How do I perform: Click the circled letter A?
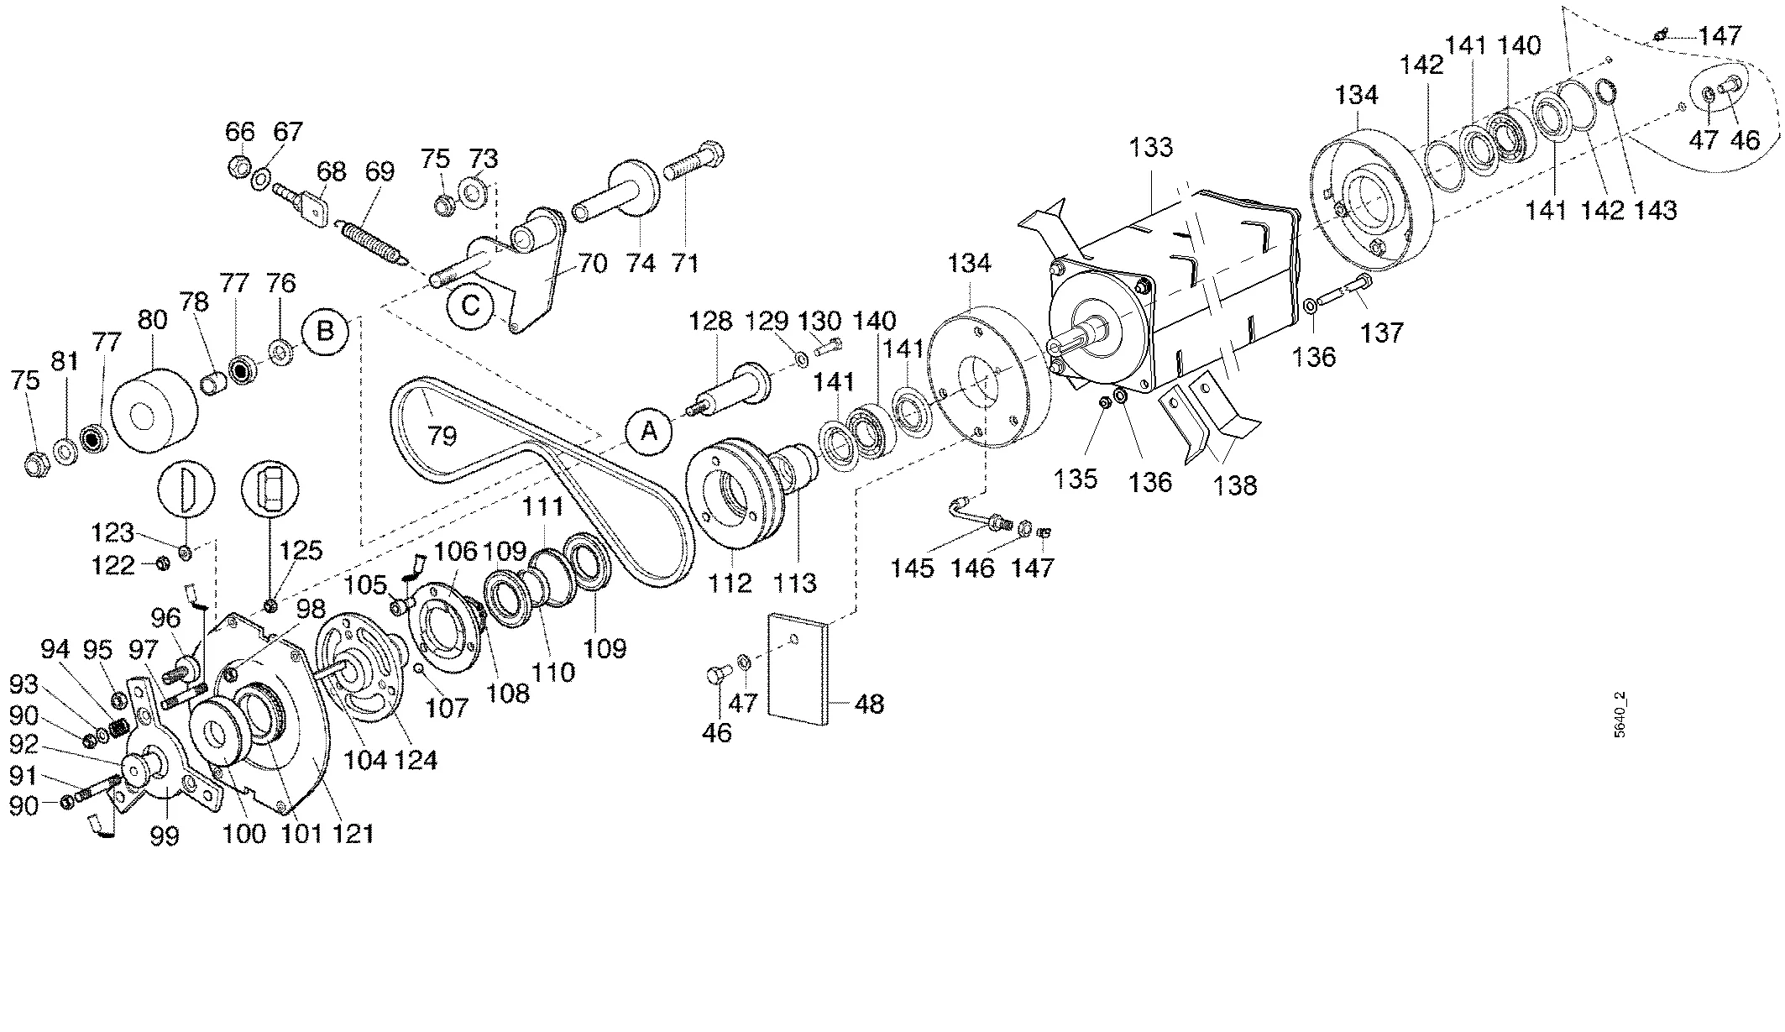tap(649, 432)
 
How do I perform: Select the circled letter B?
tap(325, 331)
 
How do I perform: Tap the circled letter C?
tap(470, 306)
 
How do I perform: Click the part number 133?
tap(1150, 147)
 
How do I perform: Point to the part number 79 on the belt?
tap(442, 436)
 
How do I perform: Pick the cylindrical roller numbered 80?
tap(154, 413)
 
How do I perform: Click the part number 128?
tap(712, 321)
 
